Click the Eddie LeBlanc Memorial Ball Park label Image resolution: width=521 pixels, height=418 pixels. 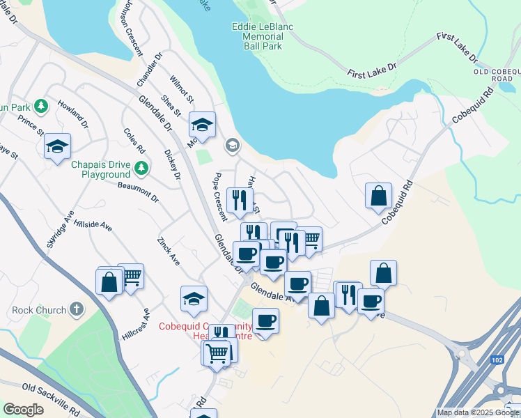pos(257,36)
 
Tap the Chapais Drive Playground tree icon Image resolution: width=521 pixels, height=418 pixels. pos(141,168)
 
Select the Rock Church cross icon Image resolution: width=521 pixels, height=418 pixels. pos(77,309)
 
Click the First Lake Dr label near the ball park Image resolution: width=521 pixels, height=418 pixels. pos(371,69)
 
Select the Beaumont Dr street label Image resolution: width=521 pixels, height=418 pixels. pos(138,192)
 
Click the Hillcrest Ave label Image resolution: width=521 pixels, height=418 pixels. pos(137,325)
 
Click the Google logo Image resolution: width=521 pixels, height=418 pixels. pos(23,410)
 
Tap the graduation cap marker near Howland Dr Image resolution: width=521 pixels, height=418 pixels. pos(57,146)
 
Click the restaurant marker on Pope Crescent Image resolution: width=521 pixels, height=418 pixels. pos(240,199)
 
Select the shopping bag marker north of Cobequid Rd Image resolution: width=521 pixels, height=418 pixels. pos(378,196)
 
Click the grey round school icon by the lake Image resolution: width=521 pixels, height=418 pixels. pos(232,146)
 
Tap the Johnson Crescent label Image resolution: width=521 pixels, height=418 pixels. pos(131,28)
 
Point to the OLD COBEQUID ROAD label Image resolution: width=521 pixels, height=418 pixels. pos(497,75)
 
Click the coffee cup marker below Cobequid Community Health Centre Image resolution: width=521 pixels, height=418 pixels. pos(265,321)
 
